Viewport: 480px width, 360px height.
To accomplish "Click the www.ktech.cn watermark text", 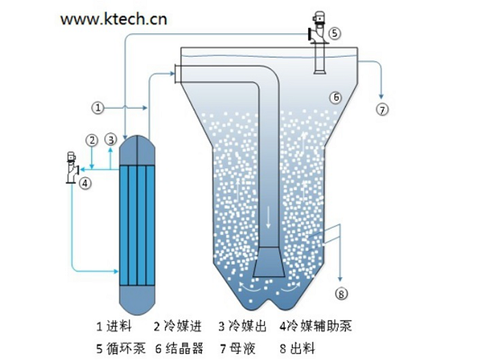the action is (113, 19).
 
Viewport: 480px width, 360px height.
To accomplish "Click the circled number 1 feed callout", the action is (98, 108).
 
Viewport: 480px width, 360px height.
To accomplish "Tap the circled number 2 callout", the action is (92, 140).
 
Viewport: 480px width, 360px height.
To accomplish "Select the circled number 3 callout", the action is (111, 139).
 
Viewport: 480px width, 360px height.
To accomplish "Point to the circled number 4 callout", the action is (85, 184).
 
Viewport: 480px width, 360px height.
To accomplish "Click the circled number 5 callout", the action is (335, 33).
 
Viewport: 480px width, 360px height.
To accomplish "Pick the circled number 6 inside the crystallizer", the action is (336, 97).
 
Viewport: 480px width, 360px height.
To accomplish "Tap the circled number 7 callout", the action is (382, 110).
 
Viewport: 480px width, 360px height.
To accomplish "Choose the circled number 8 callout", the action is (341, 294).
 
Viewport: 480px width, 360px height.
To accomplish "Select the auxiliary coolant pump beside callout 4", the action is (72, 167).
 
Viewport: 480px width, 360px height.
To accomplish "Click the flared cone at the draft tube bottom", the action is (269, 262).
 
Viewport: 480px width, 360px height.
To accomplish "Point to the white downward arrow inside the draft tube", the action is (268, 217).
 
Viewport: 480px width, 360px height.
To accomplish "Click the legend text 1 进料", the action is (113, 327).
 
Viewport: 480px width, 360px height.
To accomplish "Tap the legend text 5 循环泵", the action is (121, 348).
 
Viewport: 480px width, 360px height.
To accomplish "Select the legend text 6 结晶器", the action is (179, 348).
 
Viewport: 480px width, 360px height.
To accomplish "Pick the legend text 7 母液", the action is (238, 348).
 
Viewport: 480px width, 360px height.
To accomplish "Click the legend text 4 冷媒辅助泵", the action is (315, 326).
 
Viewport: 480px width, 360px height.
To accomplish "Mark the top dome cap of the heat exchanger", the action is (137, 150).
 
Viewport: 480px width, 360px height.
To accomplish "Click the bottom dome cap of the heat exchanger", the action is (137, 301).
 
